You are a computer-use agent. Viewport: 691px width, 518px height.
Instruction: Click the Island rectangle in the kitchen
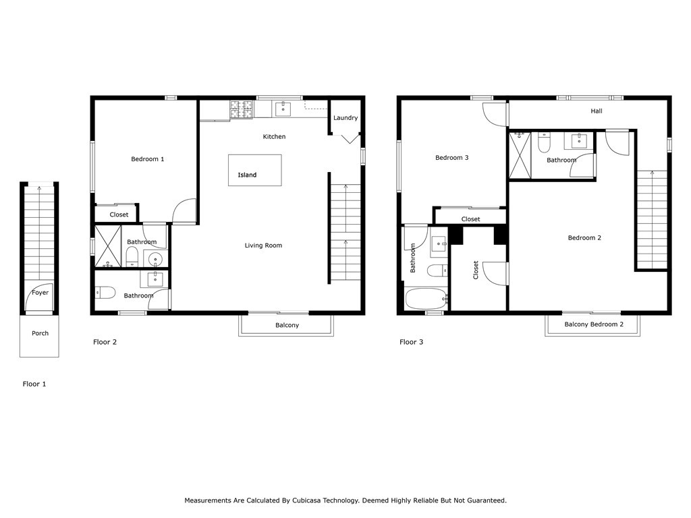[x=254, y=170]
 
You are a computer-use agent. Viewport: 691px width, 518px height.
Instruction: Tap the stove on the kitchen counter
[x=242, y=109]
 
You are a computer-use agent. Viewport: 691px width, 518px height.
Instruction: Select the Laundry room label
[x=345, y=118]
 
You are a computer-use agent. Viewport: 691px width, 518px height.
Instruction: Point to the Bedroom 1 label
[x=148, y=159]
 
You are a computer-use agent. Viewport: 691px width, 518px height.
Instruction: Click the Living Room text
[x=263, y=246]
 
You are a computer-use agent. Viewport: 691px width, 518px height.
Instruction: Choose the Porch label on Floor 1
[x=40, y=333]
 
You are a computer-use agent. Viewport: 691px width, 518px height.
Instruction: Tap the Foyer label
[x=40, y=293]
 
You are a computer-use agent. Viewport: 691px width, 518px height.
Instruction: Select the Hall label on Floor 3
[x=597, y=111]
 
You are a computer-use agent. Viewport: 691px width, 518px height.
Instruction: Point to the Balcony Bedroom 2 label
[x=593, y=324]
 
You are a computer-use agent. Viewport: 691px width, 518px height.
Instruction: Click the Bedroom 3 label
[x=451, y=158]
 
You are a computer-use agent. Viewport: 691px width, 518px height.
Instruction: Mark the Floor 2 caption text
[x=105, y=342]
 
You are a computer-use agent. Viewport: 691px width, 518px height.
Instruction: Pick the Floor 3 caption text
[x=411, y=342]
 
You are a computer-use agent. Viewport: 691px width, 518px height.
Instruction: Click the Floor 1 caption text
[x=34, y=384]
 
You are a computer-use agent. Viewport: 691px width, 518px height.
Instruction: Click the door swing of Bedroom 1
[x=184, y=210]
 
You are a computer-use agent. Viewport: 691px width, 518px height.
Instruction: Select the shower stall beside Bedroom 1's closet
[x=107, y=246]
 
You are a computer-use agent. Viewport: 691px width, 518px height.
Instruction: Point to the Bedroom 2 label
[x=584, y=237]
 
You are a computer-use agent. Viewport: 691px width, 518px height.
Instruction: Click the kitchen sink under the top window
[x=282, y=108]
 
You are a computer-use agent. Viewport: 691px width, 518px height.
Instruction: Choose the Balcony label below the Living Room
[x=287, y=325]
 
